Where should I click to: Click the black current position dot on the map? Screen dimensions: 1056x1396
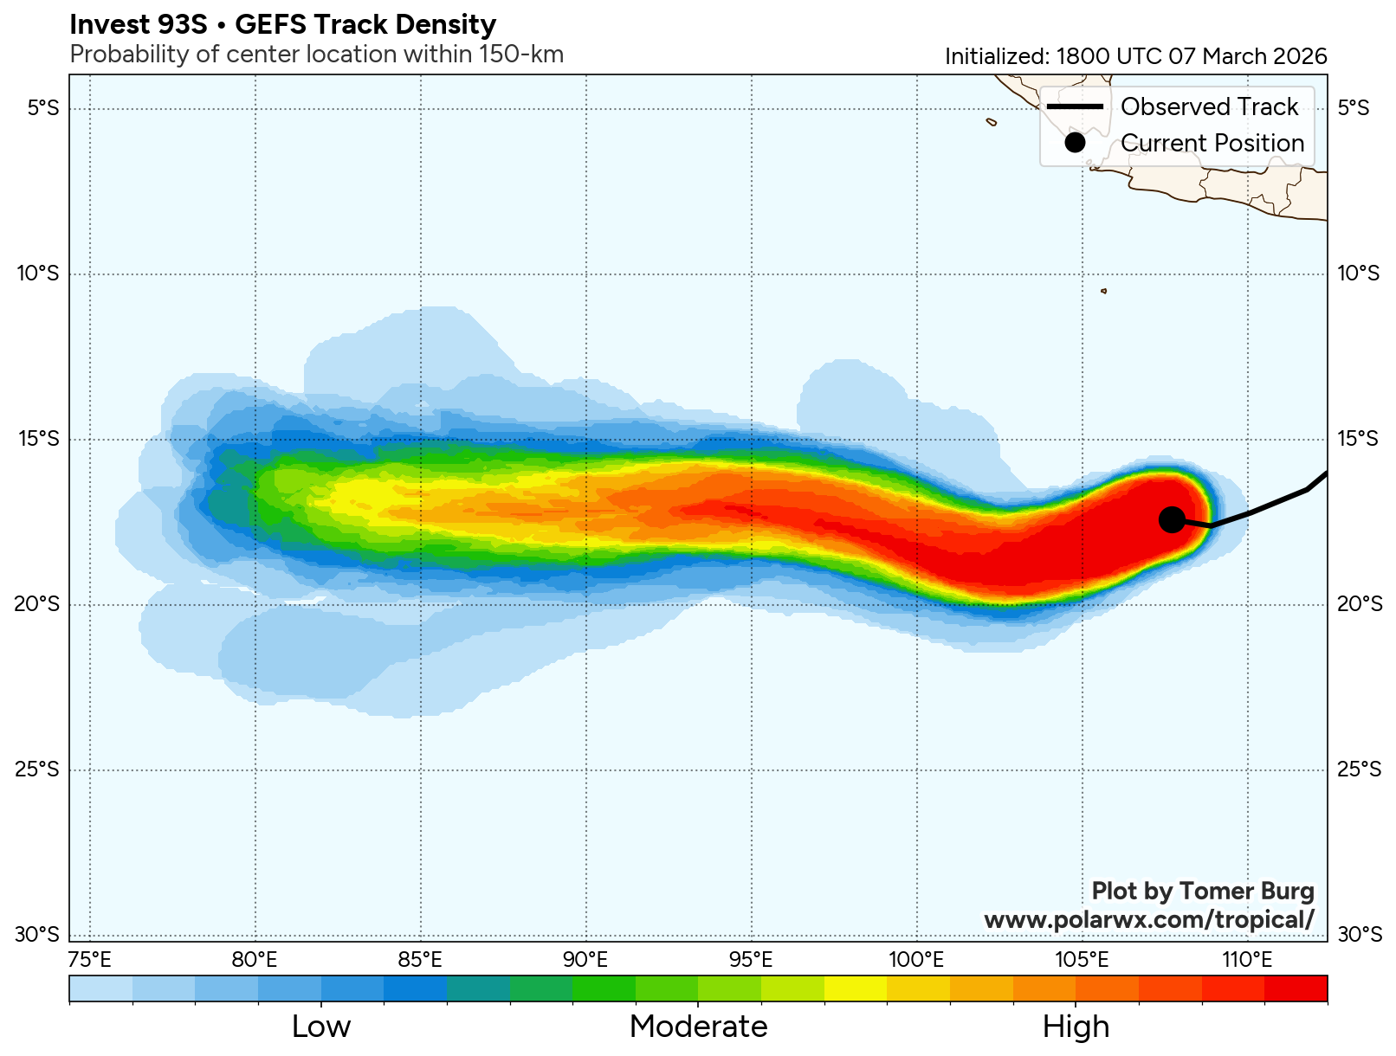tap(1172, 518)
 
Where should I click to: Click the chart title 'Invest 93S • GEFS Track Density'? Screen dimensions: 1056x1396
tap(282, 24)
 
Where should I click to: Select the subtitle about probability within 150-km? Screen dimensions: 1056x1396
tap(316, 55)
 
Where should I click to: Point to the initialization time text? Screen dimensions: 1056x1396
tap(1135, 56)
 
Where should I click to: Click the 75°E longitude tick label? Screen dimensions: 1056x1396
tap(90, 960)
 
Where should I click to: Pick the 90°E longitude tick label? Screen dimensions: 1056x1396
tap(585, 960)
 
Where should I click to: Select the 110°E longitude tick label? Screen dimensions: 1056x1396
tap(1247, 960)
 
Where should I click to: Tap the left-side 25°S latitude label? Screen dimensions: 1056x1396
tap(37, 769)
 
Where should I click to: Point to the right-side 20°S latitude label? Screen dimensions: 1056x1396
tap(1360, 604)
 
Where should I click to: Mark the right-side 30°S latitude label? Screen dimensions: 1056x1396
tap(1360, 935)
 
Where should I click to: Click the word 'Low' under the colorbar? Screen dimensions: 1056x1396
tap(321, 1027)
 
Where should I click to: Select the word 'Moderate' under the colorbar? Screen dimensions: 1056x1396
tap(698, 1027)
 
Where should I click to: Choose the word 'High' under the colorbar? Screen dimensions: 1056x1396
tap(1076, 1027)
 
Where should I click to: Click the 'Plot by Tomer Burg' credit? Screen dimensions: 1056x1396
tap(1202, 891)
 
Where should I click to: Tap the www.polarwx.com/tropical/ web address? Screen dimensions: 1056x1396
tap(1148, 919)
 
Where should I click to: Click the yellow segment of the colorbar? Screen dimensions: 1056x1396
tap(856, 988)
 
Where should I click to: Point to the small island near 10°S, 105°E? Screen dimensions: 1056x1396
tap(1103, 291)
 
